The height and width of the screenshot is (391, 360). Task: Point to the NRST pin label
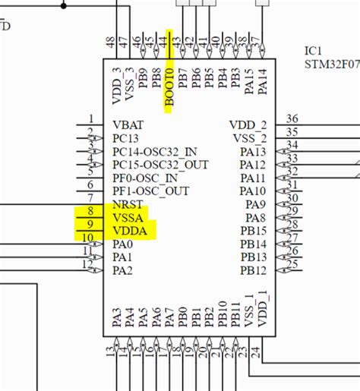[x=127, y=204]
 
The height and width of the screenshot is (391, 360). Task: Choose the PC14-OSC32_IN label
[x=154, y=151]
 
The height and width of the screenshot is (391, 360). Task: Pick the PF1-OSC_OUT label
[x=150, y=191]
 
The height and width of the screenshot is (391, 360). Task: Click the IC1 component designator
[x=314, y=50]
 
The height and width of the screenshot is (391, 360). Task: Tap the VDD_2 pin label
[x=248, y=125]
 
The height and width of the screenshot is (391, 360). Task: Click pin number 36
[x=292, y=118]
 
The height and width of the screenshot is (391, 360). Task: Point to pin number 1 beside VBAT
[x=91, y=118]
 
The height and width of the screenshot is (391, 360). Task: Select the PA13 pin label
[x=253, y=151]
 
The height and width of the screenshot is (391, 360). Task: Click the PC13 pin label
[x=127, y=138]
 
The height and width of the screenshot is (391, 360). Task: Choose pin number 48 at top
[x=112, y=43]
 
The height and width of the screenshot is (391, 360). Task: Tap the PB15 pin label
[x=253, y=231]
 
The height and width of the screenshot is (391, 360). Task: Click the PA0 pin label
[x=122, y=244]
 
